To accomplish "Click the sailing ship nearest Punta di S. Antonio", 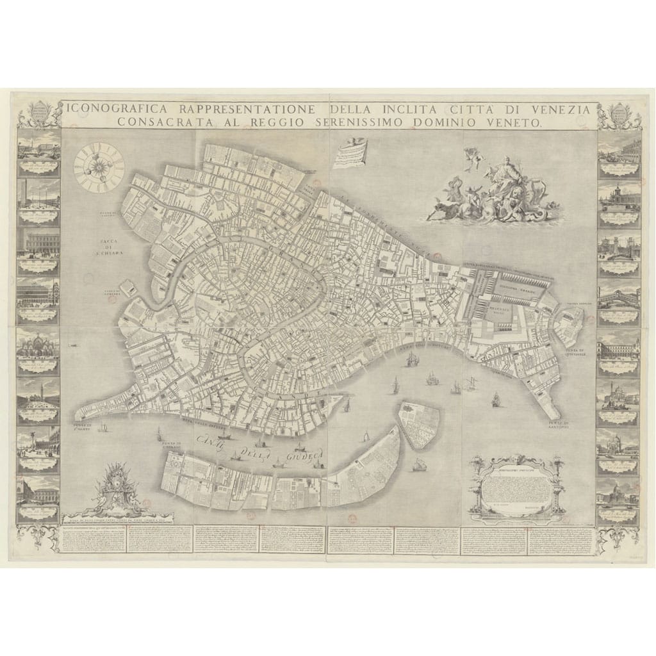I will (x=495, y=400).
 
